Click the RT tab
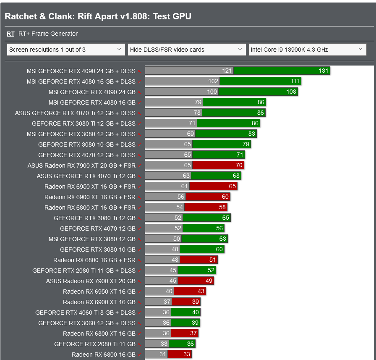click(10, 34)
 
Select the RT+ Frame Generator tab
click(48, 34)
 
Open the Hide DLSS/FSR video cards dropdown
click(187, 50)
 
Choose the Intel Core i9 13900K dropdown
click(307, 50)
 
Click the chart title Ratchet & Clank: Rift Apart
click(98, 16)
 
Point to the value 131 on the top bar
click(323, 71)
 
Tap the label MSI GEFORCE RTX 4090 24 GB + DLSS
click(81, 71)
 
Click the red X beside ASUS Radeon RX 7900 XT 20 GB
click(139, 281)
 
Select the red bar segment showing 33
click(180, 355)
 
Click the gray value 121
click(227, 71)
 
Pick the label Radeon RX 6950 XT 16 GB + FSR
click(90, 187)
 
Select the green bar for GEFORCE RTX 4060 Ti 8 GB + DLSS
click(185, 313)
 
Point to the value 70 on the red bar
click(239, 166)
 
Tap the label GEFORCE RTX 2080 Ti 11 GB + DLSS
click(84, 271)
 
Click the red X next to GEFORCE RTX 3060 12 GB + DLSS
click(139, 323)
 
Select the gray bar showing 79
click(174, 102)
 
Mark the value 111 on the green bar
click(295, 81)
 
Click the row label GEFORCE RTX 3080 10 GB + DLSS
click(87, 145)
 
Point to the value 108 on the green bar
click(291, 92)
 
